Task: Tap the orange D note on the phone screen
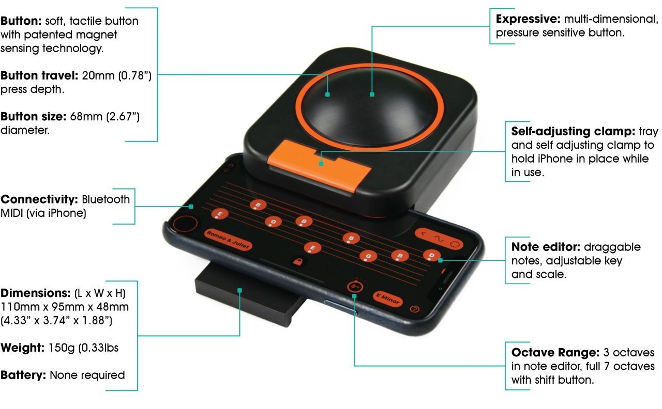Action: click(x=431, y=255)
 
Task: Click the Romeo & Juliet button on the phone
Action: click(x=228, y=240)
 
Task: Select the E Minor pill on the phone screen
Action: click(x=388, y=299)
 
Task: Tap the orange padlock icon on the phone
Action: click(x=297, y=261)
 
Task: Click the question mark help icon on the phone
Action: click(x=415, y=309)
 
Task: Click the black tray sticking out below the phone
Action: click(x=248, y=295)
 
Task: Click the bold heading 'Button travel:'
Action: click(x=39, y=75)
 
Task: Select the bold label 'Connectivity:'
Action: click(x=39, y=199)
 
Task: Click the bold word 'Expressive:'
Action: click(x=528, y=19)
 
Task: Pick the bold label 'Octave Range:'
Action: click(x=555, y=352)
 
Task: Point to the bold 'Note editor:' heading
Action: click(x=546, y=247)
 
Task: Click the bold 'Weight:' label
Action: click(x=22, y=348)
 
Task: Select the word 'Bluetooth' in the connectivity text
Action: click(x=106, y=199)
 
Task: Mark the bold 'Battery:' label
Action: click(x=23, y=375)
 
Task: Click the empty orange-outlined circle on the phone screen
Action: click(x=185, y=224)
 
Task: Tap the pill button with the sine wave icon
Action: click(x=439, y=238)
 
